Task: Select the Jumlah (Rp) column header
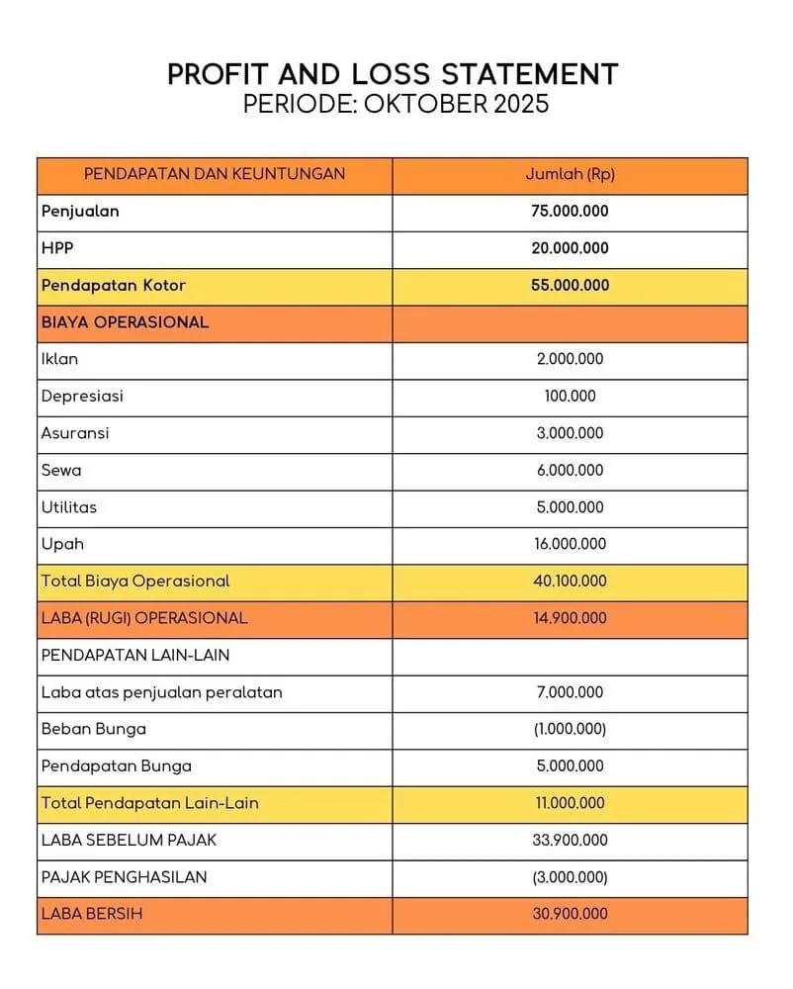click(x=570, y=174)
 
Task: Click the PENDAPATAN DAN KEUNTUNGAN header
click(x=215, y=174)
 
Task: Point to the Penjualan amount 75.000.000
click(x=570, y=211)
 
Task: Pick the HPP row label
click(x=57, y=248)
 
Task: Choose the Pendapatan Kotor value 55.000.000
click(x=570, y=285)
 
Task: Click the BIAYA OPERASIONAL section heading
click(x=125, y=322)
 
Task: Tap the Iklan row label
click(x=59, y=359)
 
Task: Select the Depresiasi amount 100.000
click(x=570, y=396)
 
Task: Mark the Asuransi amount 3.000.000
click(x=570, y=433)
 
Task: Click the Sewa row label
click(x=61, y=470)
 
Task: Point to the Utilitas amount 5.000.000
click(x=570, y=507)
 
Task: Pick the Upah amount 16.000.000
click(x=570, y=544)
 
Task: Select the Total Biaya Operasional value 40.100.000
click(x=570, y=581)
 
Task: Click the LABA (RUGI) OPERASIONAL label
click(x=144, y=618)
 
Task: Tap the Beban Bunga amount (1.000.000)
click(x=570, y=729)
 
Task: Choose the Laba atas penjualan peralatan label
click(x=161, y=692)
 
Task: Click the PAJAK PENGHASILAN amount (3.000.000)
click(x=570, y=877)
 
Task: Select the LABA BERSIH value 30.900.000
click(x=570, y=914)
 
